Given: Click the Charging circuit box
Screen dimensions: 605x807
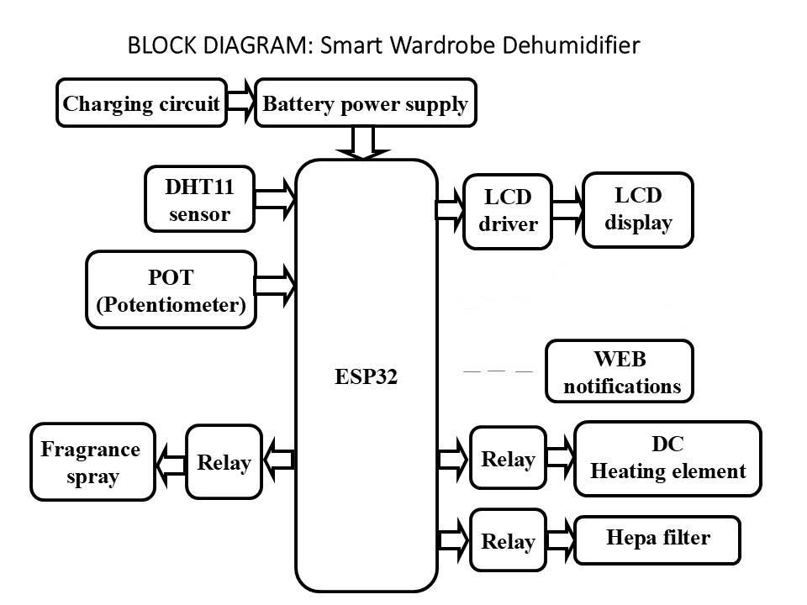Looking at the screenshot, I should tap(141, 103).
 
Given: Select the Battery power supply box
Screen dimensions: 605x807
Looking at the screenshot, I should tap(365, 103).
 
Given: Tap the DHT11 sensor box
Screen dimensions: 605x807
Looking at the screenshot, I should tap(199, 199).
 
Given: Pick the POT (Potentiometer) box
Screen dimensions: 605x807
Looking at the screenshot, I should tap(171, 290).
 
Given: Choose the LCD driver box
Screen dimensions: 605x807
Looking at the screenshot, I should tap(508, 211).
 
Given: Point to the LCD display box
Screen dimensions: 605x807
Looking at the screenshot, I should tap(638, 209).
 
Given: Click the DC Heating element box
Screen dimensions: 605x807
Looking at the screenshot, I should tap(667, 458).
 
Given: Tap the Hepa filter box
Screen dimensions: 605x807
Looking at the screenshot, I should tap(657, 539).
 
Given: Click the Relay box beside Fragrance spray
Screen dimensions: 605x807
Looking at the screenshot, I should tap(224, 461).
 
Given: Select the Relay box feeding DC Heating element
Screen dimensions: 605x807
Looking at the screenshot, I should tap(508, 458).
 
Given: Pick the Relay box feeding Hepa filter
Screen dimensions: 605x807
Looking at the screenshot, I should tap(508, 540).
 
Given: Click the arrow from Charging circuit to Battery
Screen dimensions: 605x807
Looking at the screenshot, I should tap(240, 103).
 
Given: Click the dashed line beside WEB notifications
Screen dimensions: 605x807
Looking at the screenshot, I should tap(498, 371).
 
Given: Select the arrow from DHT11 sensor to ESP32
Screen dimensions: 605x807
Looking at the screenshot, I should tap(275, 198).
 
